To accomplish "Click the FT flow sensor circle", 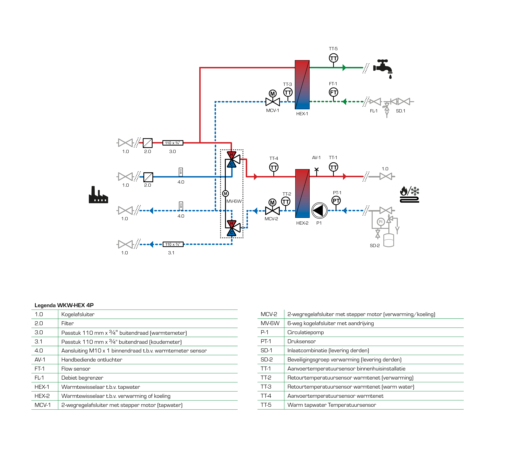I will click(x=333, y=92).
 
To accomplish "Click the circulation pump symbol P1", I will click(x=319, y=210).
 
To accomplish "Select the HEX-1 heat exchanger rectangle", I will click(x=302, y=85).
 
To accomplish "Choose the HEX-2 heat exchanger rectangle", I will click(x=302, y=193).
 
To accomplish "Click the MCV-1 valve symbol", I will click(x=273, y=102).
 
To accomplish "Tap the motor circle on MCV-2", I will click(x=272, y=202).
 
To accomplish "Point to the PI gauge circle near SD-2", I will click(x=381, y=222).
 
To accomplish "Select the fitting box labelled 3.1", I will click(x=173, y=244).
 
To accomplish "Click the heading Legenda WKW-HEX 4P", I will click(x=64, y=305).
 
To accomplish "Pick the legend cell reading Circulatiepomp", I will click(x=305, y=332).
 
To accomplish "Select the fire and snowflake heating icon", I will click(x=409, y=194).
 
